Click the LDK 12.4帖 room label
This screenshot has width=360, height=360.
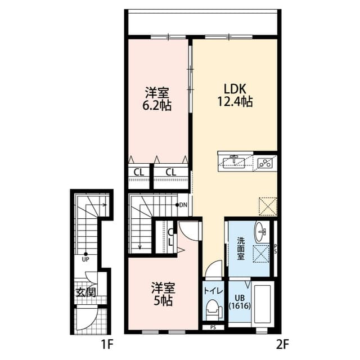235,96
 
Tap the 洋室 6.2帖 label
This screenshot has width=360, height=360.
157,99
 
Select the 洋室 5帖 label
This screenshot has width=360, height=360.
163,294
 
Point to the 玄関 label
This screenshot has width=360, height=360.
86,292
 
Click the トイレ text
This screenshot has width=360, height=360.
214,291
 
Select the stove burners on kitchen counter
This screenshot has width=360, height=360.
264,163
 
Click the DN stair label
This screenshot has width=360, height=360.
183,205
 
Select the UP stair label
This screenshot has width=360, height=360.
85,259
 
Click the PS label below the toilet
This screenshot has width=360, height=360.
213,327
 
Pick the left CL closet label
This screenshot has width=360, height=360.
138,172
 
